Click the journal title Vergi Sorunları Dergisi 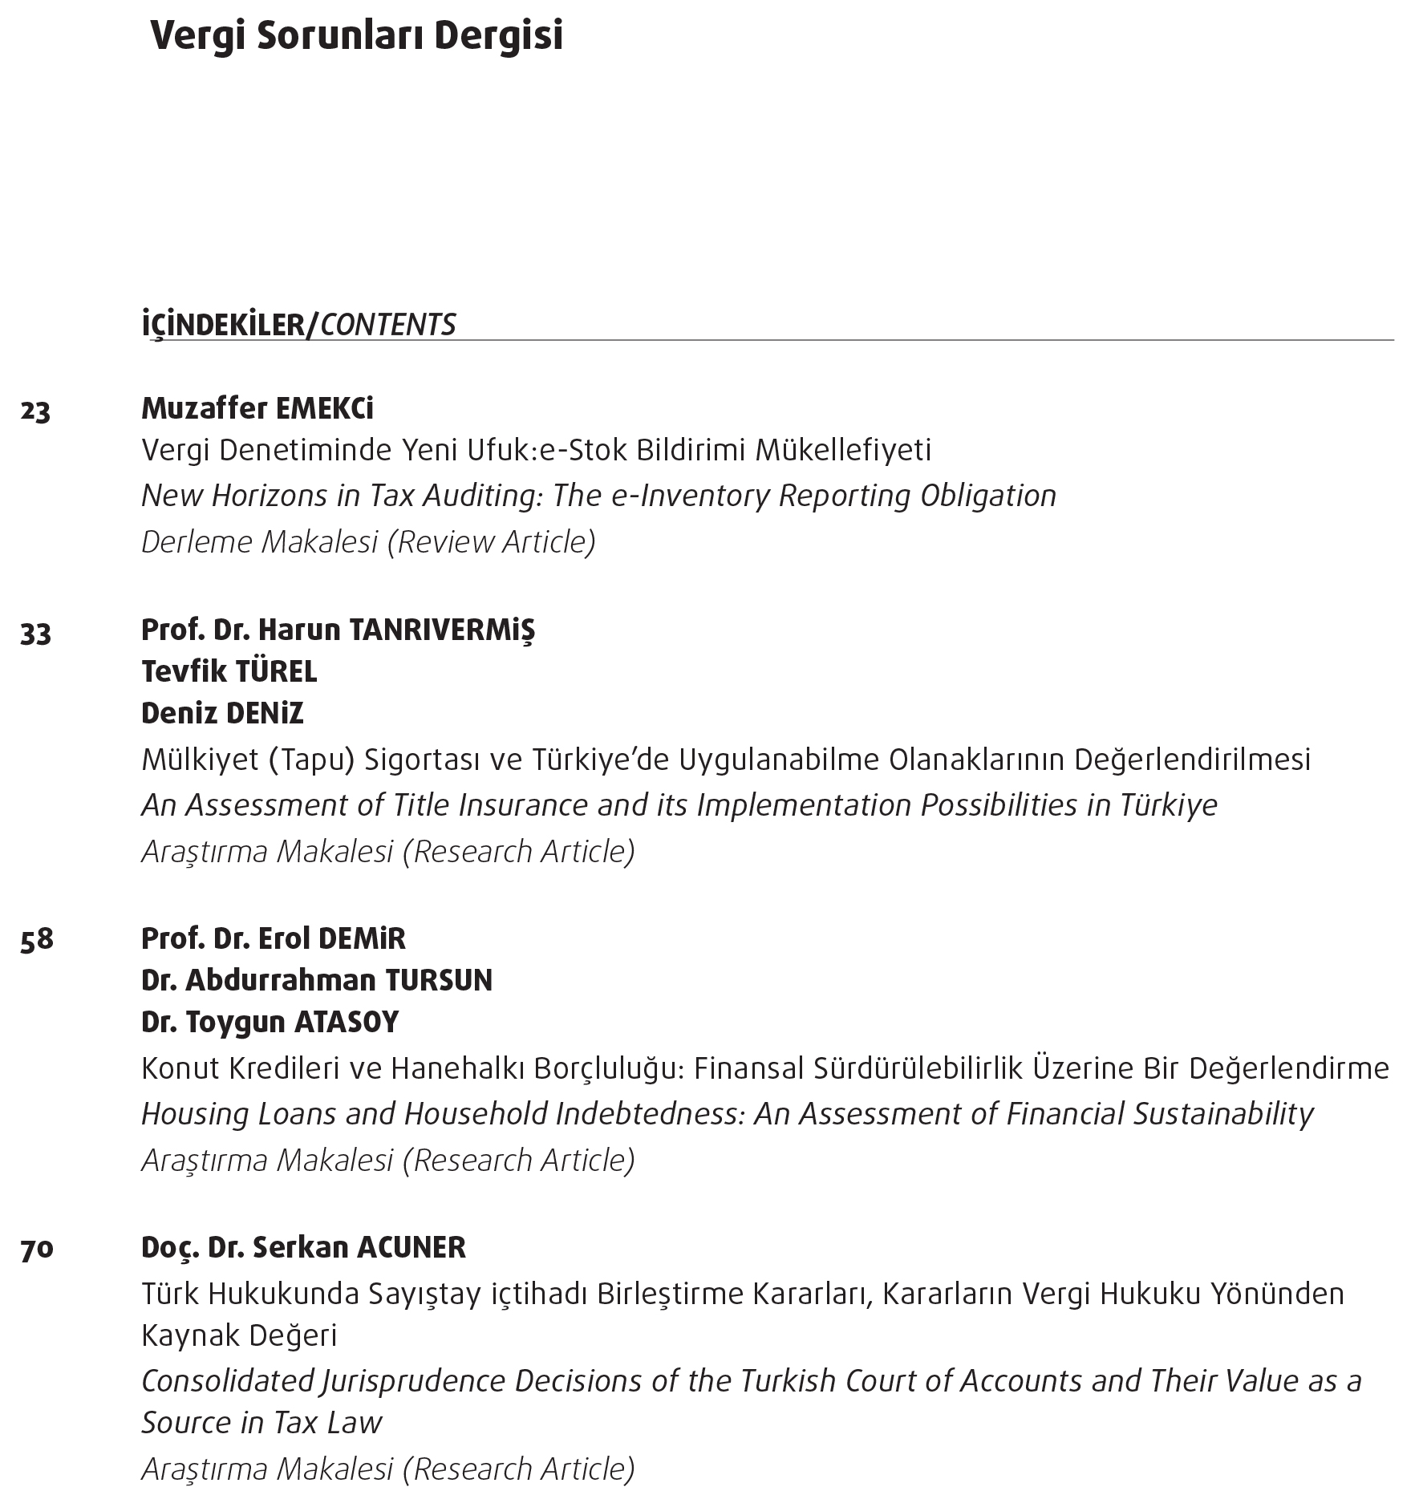click(356, 37)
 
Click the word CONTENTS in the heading click(388, 325)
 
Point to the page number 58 click(37, 939)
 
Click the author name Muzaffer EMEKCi click(257, 409)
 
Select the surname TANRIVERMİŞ click(442, 631)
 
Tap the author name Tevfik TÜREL click(229, 671)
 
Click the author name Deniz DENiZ click(222, 713)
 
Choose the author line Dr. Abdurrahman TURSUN click(317, 980)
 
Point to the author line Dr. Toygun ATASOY click(270, 1022)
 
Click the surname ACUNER click(411, 1247)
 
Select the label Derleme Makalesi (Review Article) click(368, 542)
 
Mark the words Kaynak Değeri click(239, 1335)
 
